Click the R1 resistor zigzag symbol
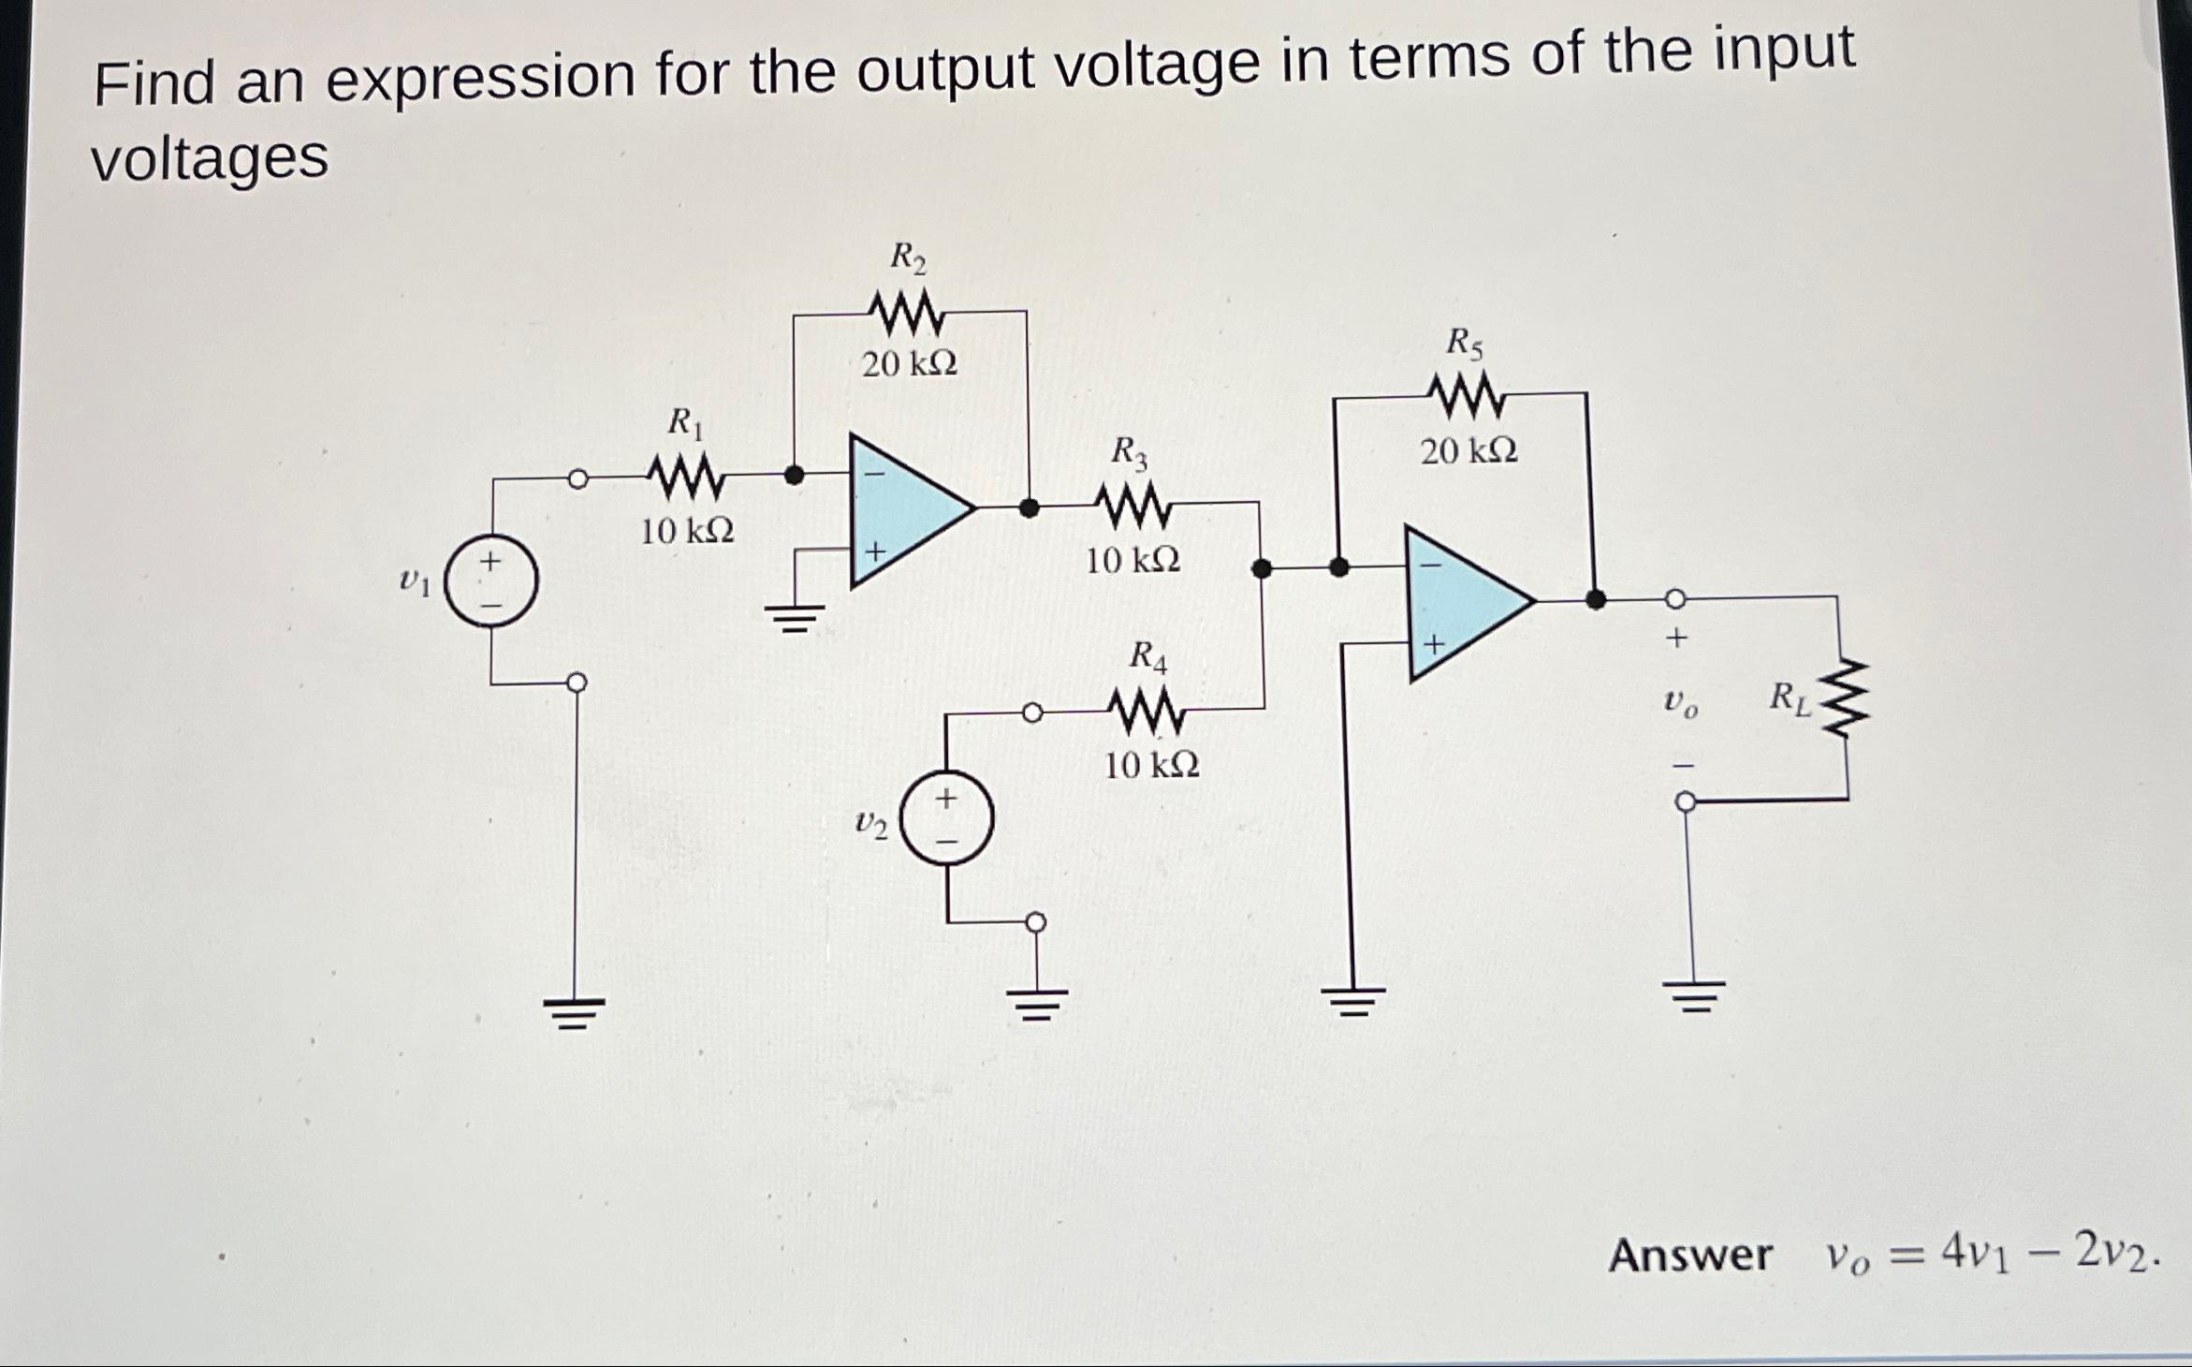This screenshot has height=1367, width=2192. coord(685,478)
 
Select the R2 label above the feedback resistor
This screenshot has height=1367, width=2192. coord(907,256)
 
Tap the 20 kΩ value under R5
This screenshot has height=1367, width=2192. coord(1469,451)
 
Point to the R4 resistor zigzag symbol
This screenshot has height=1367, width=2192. coord(1147,714)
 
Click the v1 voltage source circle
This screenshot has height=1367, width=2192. coord(490,582)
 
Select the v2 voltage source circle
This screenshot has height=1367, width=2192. coord(946,820)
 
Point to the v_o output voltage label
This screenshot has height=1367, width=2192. coord(1681,703)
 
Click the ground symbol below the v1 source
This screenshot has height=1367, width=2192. coord(575,1011)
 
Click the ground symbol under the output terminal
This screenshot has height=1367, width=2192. coord(1692,998)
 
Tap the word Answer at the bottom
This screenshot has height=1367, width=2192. coord(1689,1256)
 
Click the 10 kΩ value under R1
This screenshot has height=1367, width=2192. coord(687,532)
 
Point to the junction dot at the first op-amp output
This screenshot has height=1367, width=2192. coord(1029,508)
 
